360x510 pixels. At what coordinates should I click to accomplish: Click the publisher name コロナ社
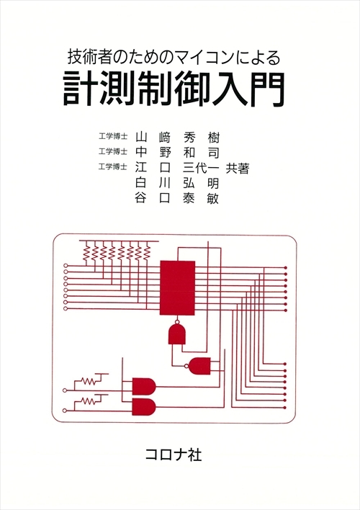point(174,455)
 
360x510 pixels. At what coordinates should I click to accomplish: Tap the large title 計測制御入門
point(174,89)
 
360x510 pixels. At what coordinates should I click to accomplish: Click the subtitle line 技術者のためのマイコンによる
point(174,58)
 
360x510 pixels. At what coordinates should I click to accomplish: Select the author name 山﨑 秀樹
point(178,138)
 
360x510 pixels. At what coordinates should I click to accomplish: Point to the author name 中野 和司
point(178,153)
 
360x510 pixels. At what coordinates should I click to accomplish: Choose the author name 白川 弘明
point(178,183)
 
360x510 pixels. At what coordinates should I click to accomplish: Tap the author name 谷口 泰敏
point(178,198)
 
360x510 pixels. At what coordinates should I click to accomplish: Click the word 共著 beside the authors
point(238,168)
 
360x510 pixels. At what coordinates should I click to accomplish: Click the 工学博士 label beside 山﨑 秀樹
point(113,136)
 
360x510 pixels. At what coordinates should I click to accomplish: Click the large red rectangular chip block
point(177,287)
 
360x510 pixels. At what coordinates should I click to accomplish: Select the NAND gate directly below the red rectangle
point(177,334)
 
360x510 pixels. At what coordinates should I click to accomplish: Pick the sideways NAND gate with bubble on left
point(199,366)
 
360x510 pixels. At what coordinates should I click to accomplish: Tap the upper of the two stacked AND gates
point(144,386)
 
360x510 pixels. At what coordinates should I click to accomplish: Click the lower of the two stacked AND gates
point(144,406)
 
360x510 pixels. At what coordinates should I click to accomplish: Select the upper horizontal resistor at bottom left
point(89,381)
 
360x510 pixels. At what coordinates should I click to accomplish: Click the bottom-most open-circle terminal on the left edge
point(64,411)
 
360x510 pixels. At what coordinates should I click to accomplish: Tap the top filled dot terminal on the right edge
point(286,267)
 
